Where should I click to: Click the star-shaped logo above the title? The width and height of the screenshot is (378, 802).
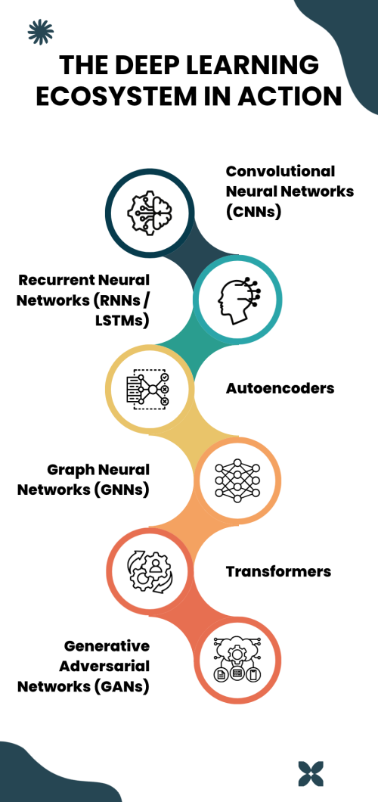click(x=41, y=32)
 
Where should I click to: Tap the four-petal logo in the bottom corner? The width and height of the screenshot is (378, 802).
click(x=311, y=772)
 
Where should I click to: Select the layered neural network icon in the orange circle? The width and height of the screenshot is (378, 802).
click(x=238, y=480)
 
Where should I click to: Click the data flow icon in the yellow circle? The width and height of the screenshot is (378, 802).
click(x=147, y=389)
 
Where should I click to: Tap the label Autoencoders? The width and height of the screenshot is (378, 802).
click(x=280, y=388)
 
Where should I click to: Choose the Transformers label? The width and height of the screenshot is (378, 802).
click(x=278, y=570)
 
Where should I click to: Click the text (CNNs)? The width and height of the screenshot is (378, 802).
click(x=253, y=212)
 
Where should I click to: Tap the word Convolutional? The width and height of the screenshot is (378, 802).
click(x=280, y=171)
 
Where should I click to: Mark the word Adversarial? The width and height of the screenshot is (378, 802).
click(x=104, y=667)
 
